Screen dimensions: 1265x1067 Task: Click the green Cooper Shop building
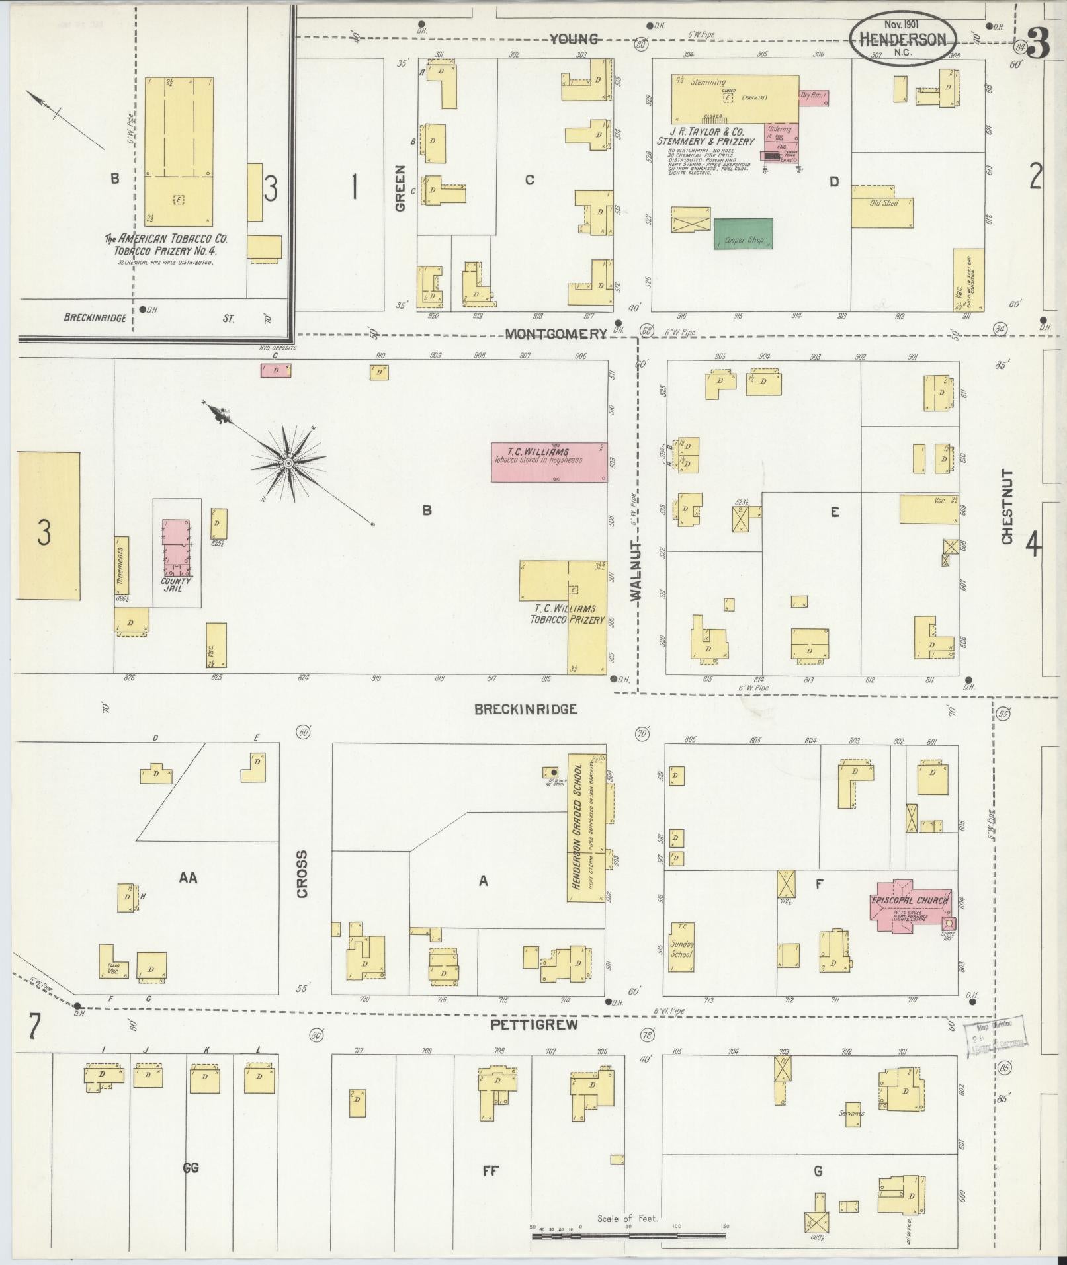743,234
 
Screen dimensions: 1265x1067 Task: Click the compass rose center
288,464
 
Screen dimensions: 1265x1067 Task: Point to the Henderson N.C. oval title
902,40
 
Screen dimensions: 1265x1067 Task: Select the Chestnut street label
1007,507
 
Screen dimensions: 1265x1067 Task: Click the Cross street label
302,874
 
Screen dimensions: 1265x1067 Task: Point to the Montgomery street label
556,335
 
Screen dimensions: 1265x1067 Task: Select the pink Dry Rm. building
814,98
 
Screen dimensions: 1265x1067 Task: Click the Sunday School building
681,949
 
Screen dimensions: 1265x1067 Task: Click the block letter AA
189,877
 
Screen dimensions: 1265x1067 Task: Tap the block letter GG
191,1168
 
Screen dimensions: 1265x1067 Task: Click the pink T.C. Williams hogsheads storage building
549,462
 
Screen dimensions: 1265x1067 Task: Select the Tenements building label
122,565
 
